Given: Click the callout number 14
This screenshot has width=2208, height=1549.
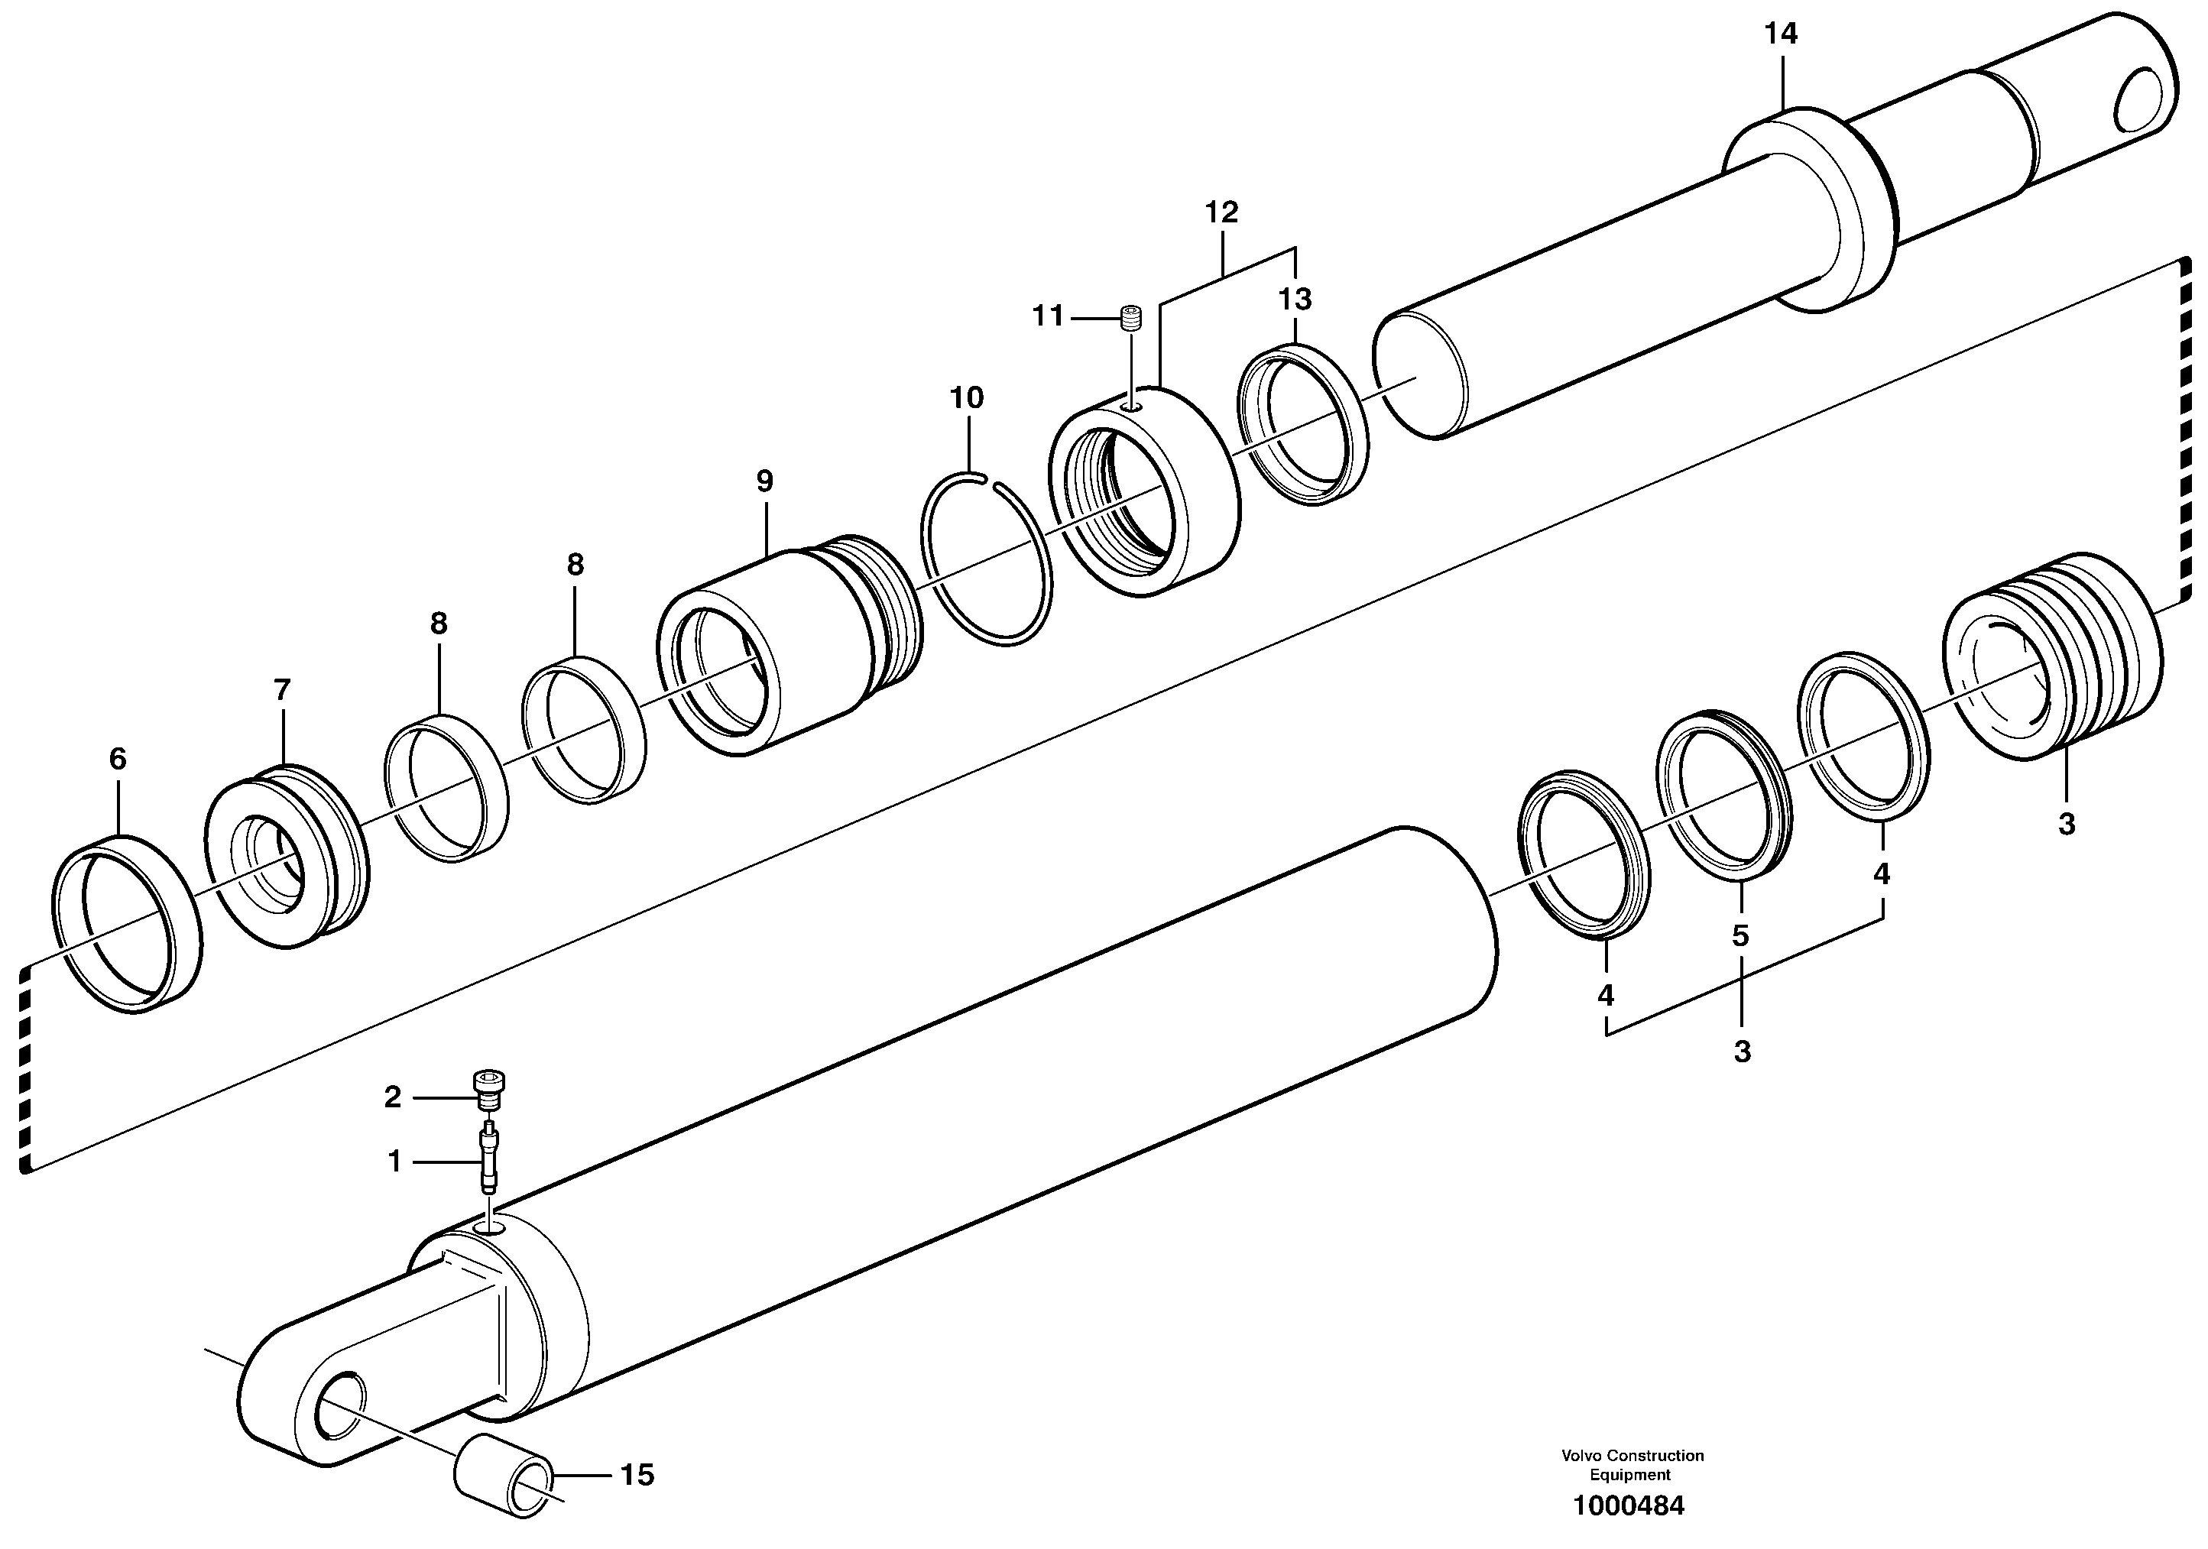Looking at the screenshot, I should click(x=1780, y=34).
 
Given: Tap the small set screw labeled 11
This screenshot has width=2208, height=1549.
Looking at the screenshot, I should click(x=1132, y=317).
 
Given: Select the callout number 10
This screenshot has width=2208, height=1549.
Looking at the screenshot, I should click(x=967, y=397).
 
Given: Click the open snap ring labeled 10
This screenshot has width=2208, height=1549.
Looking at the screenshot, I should click(x=987, y=559).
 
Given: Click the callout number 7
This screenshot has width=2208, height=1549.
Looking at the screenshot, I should click(x=282, y=689).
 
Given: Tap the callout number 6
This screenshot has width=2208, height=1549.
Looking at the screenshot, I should click(x=118, y=759).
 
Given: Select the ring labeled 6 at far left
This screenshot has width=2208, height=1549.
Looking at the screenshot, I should click(x=126, y=923).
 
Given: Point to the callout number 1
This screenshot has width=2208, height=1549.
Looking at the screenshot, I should click(x=394, y=1162).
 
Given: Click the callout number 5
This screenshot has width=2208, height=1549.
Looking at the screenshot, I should click(x=1740, y=935).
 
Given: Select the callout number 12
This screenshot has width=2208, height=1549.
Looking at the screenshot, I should click(x=1221, y=212).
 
